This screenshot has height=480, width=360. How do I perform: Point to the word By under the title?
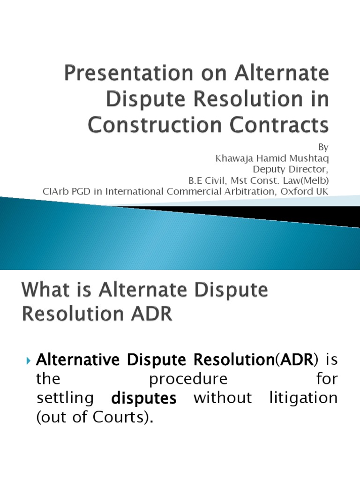324,147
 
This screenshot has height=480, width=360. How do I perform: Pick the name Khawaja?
235,158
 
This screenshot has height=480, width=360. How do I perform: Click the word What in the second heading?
45,291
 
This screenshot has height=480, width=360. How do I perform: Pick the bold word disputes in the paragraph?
144,399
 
